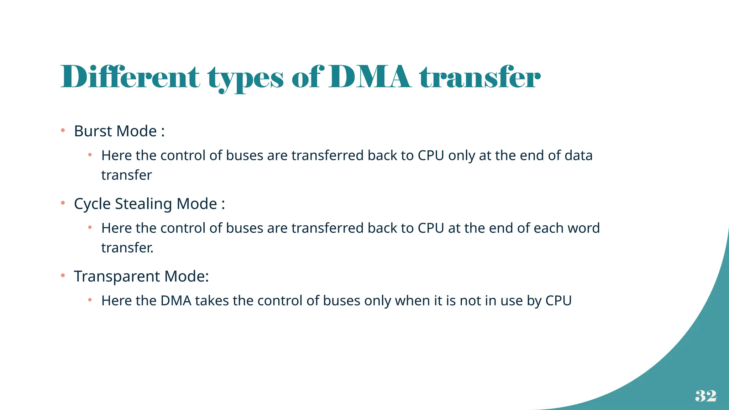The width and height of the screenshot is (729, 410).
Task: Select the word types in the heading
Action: click(246, 78)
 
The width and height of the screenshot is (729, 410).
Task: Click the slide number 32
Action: click(706, 396)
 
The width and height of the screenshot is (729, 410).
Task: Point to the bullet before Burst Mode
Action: click(63, 131)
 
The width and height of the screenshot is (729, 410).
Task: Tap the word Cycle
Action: click(92, 204)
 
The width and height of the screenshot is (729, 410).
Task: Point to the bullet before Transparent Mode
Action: click(63, 275)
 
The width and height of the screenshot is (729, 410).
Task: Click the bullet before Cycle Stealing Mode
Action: click(63, 203)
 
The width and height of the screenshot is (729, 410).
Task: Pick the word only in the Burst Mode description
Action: click(461, 156)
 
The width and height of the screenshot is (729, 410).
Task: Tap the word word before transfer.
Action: click(583, 228)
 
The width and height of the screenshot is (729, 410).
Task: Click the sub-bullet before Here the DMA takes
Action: click(90, 300)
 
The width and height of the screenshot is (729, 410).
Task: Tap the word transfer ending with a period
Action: click(127, 248)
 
